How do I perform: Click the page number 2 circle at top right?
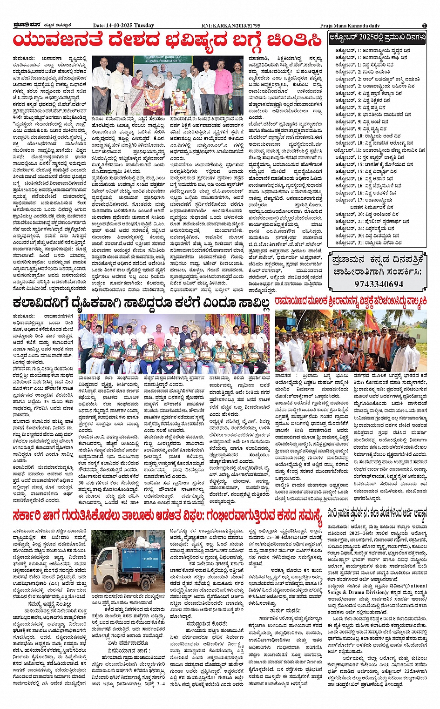(x=424, y=26)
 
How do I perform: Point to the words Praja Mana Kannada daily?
(x=350, y=26)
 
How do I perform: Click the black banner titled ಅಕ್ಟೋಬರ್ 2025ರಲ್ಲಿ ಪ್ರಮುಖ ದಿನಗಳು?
(x=377, y=37)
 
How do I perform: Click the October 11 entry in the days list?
(x=377, y=150)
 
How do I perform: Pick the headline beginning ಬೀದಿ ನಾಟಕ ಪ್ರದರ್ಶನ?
(x=377, y=514)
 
